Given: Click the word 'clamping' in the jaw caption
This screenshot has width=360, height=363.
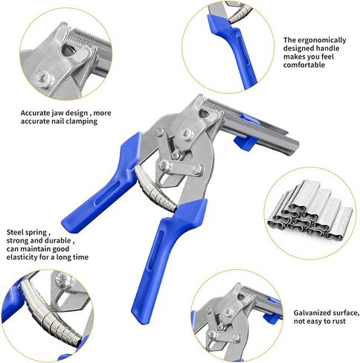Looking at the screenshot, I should [x=97, y=121].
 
